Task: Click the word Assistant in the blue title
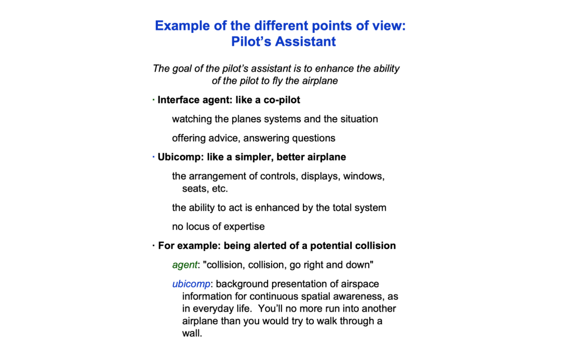pos(305,42)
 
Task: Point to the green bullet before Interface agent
pos(154,99)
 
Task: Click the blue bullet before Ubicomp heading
pos(154,156)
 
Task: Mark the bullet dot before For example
pos(154,245)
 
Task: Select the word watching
pos(192,119)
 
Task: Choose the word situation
pos(359,119)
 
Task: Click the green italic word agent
pos(184,265)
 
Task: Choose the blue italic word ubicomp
pos(191,284)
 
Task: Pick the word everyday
pos(217,309)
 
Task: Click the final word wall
pos(192,333)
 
